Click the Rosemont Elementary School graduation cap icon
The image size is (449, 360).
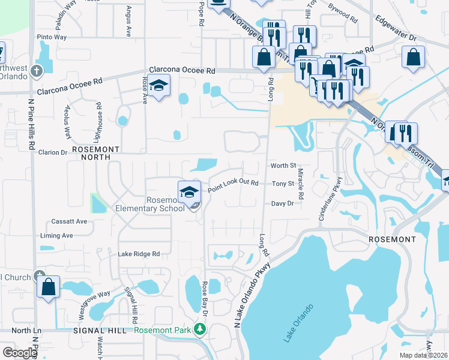(x=189, y=192)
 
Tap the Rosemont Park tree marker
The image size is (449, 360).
(x=200, y=329)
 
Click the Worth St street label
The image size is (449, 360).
(x=283, y=166)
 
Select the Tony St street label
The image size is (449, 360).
(x=283, y=184)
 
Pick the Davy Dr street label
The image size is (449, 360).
(x=282, y=204)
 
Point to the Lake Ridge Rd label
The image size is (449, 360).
(x=139, y=254)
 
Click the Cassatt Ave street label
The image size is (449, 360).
(x=69, y=221)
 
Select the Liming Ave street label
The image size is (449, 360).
(x=56, y=236)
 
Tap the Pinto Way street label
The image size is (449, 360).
(x=52, y=37)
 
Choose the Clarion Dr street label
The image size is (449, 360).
(x=53, y=152)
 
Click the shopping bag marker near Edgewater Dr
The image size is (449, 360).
(x=414, y=58)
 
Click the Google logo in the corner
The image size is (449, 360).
(x=19, y=353)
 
